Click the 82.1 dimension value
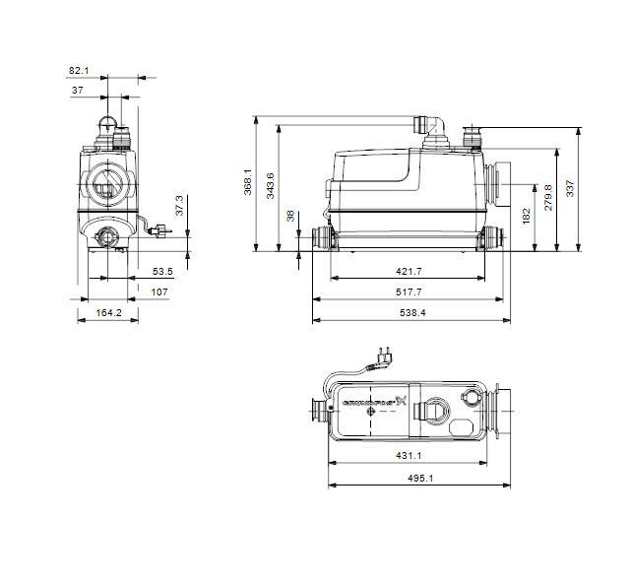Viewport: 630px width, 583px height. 79,70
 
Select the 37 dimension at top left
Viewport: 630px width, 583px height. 77,91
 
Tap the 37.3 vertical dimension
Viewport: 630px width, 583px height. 179,207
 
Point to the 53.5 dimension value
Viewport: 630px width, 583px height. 162,271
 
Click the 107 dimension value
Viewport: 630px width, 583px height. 158,291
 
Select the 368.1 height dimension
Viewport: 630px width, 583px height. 248,182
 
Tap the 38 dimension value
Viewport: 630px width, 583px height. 290,215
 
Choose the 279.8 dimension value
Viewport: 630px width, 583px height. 548,197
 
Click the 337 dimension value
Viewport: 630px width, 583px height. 569,187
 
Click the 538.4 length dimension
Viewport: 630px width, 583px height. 411,313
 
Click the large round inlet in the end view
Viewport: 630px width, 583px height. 105,181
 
